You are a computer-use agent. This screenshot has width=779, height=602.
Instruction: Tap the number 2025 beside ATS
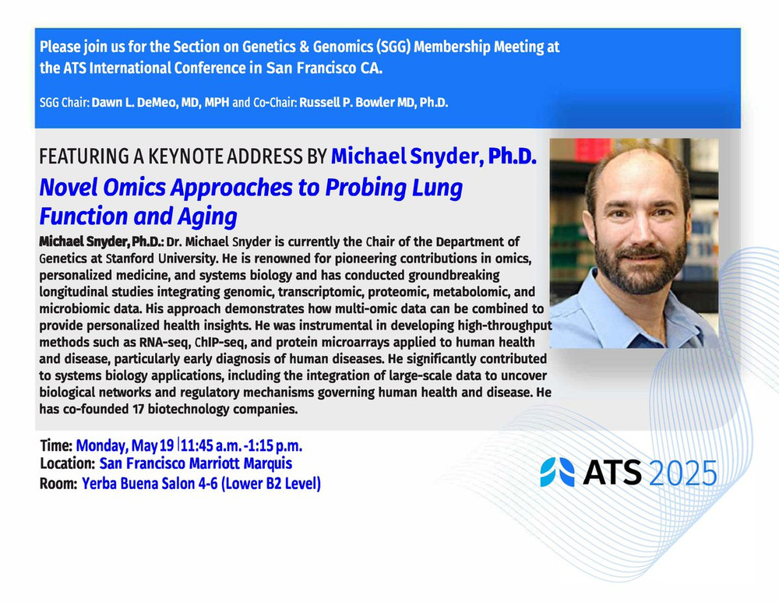pyautogui.click(x=683, y=473)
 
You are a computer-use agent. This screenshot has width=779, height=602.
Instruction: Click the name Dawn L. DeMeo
pyautogui.click(x=134, y=103)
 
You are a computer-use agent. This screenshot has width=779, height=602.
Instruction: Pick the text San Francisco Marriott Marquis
pyautogui.click(x=196, y=463)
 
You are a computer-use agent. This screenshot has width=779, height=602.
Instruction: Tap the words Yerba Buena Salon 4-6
pyautogui.click(x=150, y=484)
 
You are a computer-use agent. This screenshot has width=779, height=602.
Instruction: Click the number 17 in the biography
pyautogui.click(x=138, y=410)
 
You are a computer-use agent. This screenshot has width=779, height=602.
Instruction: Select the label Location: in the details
pyautogui.click(x=68, y=464)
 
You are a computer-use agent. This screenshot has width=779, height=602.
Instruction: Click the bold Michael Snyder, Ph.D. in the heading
pyautogui.click(x=434, y=157)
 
